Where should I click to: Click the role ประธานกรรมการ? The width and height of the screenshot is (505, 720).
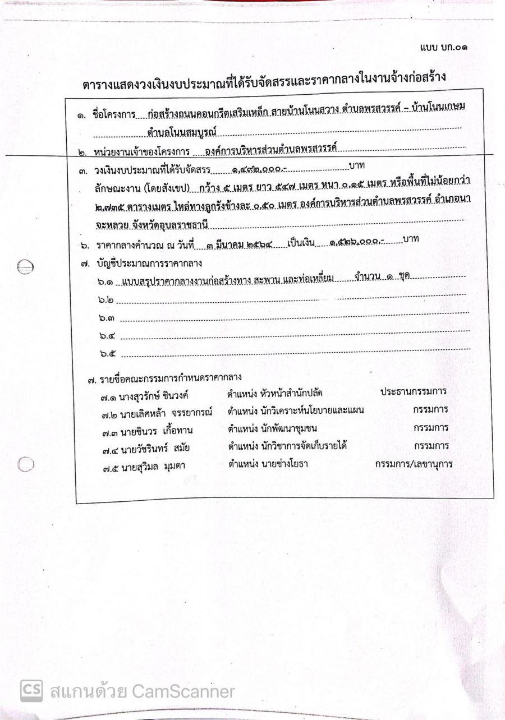[x=414, y=391]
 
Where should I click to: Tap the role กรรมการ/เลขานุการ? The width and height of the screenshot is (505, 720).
[x=414, y=464]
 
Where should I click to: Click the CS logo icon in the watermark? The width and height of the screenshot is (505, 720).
[x=31, y=690]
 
